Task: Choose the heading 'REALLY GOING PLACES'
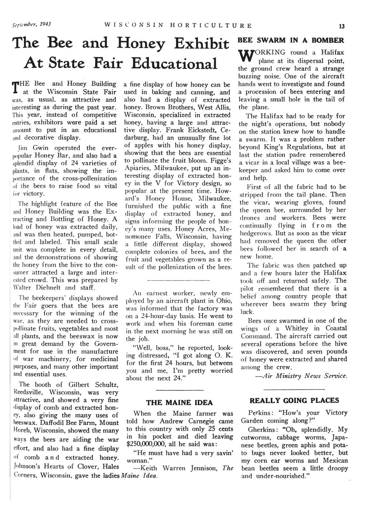pos(294,400)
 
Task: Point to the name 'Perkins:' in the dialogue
pos(259,412)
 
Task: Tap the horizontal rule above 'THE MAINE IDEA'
pos(180,390)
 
